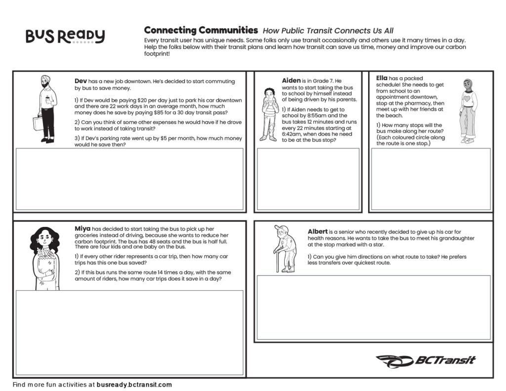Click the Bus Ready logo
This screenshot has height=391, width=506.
tap(65, 36)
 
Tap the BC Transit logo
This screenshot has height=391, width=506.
tap(426, 361)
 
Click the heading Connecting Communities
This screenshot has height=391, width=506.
tap(201, 30)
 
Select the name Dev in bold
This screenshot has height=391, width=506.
tap(81, 81)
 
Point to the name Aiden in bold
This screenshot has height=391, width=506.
tap(291, 81)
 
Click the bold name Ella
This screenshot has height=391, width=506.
tap(381, 78)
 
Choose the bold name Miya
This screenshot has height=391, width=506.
tap(83, 228)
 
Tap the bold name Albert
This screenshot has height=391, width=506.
tap(317, 231)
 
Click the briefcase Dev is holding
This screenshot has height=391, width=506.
tap(38, 123)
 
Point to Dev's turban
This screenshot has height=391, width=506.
tap(45, 79)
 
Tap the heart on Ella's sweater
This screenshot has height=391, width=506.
tap(466, 98)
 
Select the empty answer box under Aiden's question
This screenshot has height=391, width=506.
tap(308, 179)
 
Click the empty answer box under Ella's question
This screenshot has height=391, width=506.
tap(430, 179)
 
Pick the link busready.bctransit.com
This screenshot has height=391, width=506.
tap(134, 385)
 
